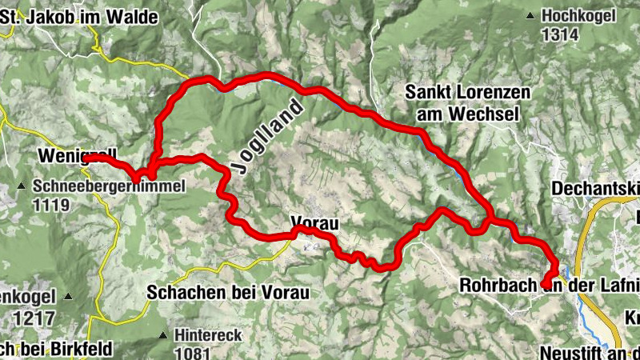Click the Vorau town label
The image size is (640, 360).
pyautogui.click(x=313, y=224)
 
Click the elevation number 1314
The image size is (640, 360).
pyautogui.click(x=559, y=34)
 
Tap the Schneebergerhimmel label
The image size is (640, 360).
pyautogui.click(x=110, y=186)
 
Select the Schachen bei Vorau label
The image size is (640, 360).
pyautogui.click(x=227, y=293)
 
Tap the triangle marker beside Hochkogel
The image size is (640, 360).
pyautogui.click(x=530, y=15)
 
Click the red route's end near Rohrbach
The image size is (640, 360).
pyautogui.click(x=545, y=283)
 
